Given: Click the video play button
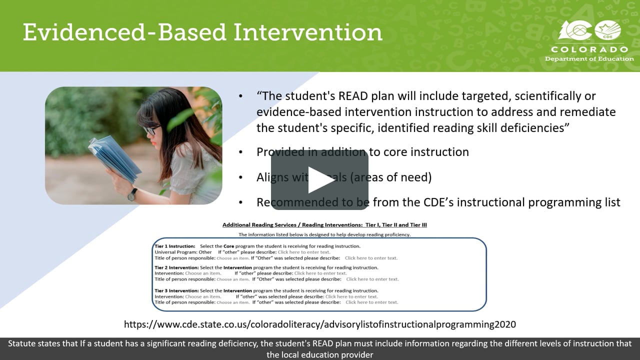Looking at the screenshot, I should coord(320,180).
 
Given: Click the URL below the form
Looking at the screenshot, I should coord(320,324).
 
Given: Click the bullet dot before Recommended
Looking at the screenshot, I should coord(241,202).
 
